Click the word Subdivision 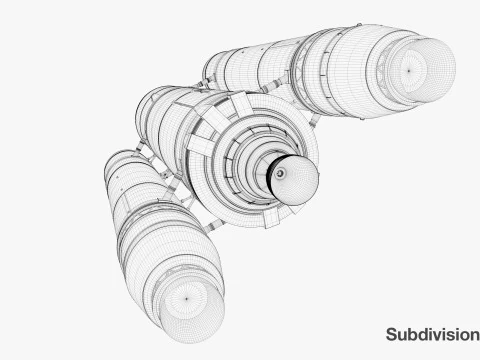click(x=432, y=334)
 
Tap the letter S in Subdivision click(x=392, y=334)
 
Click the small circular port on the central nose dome click(x=281, y=174)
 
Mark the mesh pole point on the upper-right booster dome click(x=408, y=70)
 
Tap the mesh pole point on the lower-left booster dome click(x=187, y=297)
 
